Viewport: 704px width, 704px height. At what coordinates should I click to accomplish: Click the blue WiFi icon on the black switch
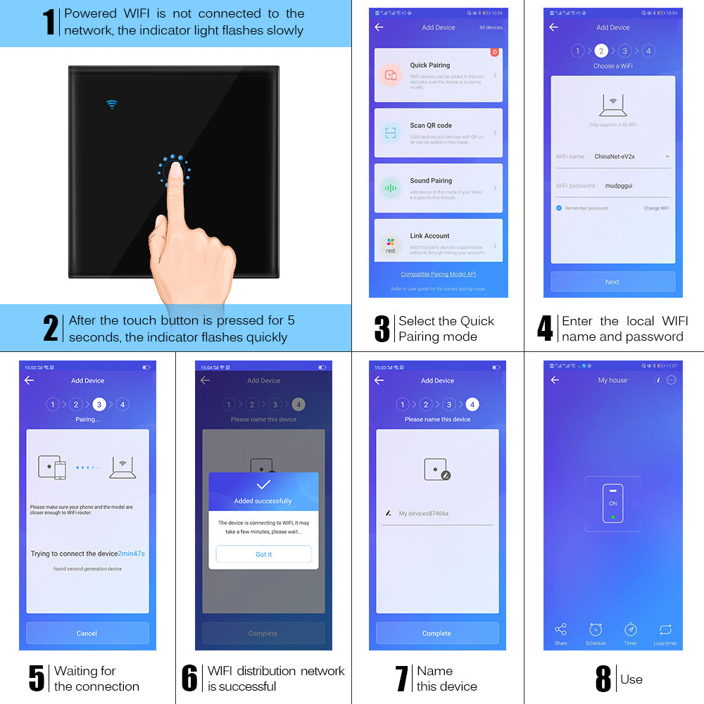111,104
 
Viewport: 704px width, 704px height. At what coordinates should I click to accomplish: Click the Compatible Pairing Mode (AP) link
438,274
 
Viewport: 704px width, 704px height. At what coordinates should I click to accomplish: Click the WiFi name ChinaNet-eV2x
615,156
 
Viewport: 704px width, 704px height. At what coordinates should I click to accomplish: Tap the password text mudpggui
619,186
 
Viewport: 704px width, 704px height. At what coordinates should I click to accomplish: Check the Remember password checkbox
559,208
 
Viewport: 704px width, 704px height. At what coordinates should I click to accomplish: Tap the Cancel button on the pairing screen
87,633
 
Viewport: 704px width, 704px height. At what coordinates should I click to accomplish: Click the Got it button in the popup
263,554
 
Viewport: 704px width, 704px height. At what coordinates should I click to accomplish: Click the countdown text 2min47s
132,553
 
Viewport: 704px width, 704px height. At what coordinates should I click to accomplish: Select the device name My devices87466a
423,513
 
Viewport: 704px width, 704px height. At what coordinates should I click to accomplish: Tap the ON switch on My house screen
612,503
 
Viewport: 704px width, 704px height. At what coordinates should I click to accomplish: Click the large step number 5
37,678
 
